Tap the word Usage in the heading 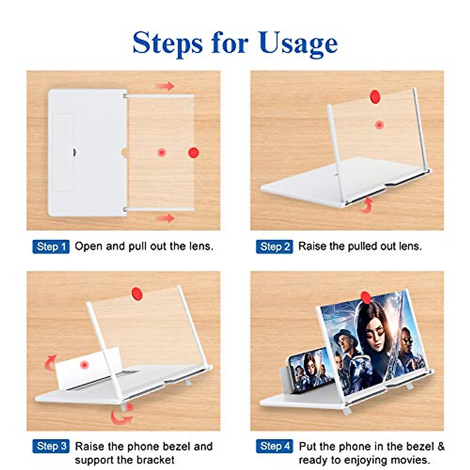[298, 43]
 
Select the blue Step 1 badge [51, 247]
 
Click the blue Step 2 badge [275, 247]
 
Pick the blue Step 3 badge [51, 446]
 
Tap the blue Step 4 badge [275, 446]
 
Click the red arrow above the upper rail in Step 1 [165, 86]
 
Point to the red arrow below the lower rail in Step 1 [166, 218]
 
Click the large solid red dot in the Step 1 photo [193, 153]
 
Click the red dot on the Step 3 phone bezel [84, 365]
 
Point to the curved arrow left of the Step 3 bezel [50, 362]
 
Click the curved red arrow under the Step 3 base [121, 416]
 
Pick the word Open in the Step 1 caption [89, 246]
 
